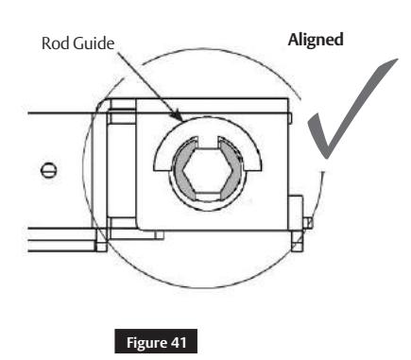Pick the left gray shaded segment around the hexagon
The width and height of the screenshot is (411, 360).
[180, 177]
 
